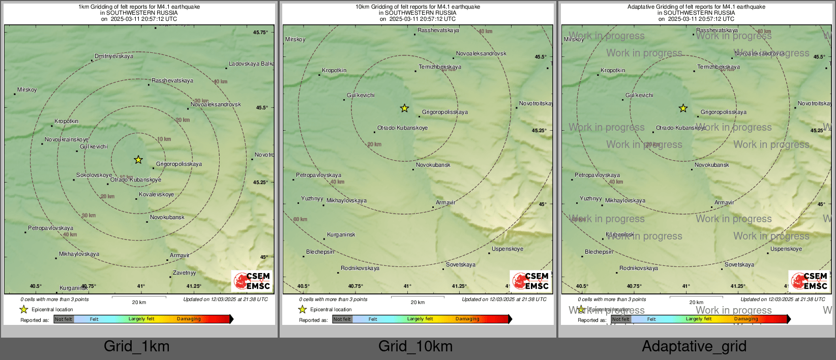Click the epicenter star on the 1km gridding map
point(138,160)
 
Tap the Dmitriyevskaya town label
point(114,56)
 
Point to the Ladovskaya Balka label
point(251,64)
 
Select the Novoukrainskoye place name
point(67,140)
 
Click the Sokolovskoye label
point(94,175)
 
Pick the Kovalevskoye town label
point(157,195)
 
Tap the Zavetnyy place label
point(184,273)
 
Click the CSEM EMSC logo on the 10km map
point(531,281)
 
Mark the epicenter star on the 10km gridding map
point(404,108)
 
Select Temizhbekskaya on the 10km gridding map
point(440,67)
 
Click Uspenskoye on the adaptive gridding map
point(786,249)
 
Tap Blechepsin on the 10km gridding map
point(320,252)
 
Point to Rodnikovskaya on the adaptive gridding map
point(639,268)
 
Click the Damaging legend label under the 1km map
point(189,319)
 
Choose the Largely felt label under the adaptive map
point(699,319)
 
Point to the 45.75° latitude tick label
point(260,33)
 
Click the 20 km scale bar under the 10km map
point(417,297)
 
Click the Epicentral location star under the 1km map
point(24,309)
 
